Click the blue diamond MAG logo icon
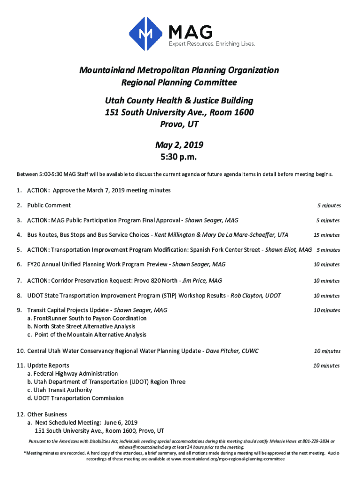pos(147,34)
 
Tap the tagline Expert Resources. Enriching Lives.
pos(212,44)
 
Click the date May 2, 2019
pos(180,145)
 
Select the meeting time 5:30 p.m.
pos(180,157)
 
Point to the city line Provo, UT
pos(180,124)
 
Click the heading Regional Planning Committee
pos(179,83)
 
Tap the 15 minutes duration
pos(327,235)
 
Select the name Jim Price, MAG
pos(202,281)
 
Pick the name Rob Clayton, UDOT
pos(256,296)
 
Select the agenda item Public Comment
pos(49,205)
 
